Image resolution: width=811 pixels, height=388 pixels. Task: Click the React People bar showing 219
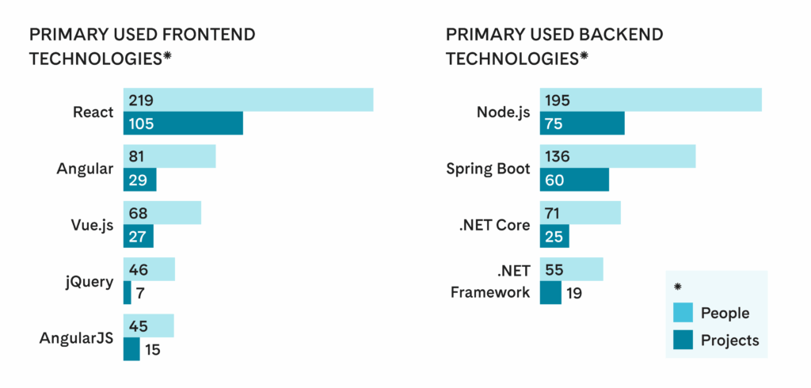(x=248, y=101)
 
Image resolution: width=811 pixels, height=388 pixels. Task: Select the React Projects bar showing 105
(x=183, y=124)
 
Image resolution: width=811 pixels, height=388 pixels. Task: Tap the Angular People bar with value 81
(x=169, y=157)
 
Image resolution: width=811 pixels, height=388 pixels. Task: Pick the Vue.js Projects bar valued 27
(x=139, y=236)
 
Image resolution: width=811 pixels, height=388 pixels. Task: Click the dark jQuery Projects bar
(x=127, y=293)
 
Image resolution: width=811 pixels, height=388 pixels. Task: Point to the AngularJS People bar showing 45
(x=149, y=326)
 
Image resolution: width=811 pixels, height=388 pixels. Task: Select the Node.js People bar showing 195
(x=650, y=101)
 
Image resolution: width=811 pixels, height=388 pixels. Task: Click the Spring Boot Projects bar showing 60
(x=574, y=180)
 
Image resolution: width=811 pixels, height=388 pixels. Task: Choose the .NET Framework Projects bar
(x=550, y=293)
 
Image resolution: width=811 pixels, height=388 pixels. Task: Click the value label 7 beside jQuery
(x=139, y=293)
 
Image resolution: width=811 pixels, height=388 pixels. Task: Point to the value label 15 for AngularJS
(x=152, y=349)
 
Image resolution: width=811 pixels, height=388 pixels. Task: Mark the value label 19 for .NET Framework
(x=575, y=293)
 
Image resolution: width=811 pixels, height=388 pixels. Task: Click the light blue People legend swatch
(x=683, y=313)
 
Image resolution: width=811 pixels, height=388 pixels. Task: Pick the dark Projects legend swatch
(x=683, y=340)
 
